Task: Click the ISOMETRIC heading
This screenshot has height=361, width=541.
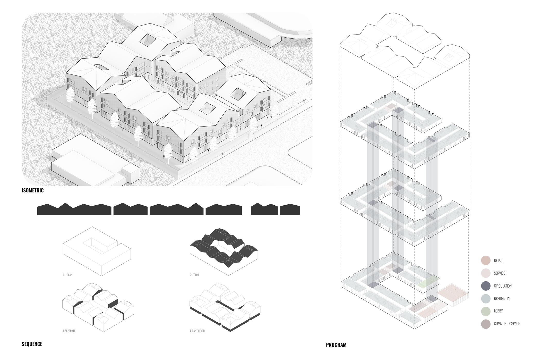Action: tap(33, 190)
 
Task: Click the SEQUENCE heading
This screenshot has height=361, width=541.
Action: tap(32, 344)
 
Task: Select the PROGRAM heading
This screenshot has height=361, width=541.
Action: tap(336, 345)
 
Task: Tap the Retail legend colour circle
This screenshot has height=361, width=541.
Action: tap(486, 261)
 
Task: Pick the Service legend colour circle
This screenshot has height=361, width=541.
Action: tap(486, 273)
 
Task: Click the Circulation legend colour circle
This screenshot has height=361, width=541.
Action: tap(486, 286)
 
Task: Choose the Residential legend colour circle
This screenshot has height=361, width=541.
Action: tap(486, 298)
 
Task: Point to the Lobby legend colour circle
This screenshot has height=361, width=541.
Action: tap(486, 311)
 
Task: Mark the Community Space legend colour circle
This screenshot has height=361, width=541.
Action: tap(486, 324)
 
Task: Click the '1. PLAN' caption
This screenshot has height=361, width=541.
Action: tap(68, 275)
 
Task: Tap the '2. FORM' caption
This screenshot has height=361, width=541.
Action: tap(194, 275)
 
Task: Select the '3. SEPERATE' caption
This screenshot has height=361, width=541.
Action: tap(69, 331)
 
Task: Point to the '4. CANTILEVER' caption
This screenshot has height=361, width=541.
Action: tap(197, 331)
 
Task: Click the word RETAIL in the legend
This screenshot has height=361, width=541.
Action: tap(498, 261)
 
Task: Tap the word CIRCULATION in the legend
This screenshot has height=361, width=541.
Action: tap(503, 286)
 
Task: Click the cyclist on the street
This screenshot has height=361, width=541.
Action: tap(222, 154)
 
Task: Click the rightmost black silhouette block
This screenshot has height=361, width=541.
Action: tap(290, 209)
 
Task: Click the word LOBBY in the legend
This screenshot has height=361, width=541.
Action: tap(498, 311)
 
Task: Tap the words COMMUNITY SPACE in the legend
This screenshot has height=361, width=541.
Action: tap(506, 324)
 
